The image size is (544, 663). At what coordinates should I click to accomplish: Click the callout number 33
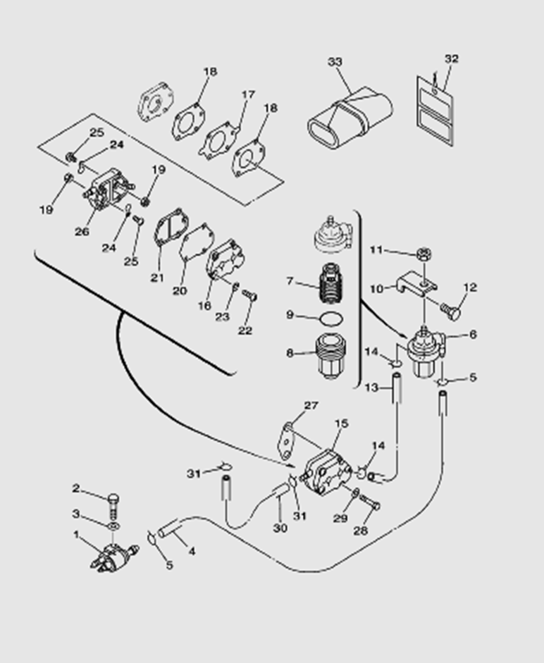coord(335,62)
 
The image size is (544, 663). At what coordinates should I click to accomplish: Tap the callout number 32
coord(452,59)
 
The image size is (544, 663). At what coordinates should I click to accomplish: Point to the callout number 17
coord(248,94)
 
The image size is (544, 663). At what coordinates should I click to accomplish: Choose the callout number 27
coord(311,405)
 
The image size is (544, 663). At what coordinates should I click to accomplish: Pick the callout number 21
coord(156,278)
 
